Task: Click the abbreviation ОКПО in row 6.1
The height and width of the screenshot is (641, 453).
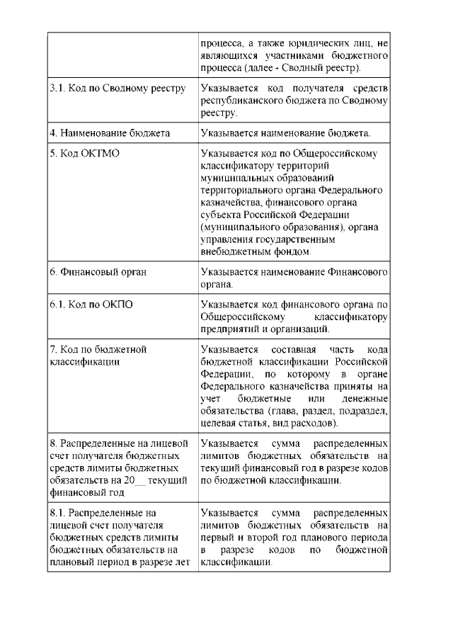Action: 115,305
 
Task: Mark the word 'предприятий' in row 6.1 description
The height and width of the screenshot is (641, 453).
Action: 230,329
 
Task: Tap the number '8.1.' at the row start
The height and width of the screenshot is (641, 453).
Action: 58,513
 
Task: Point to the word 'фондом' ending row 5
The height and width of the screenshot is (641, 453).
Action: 292,251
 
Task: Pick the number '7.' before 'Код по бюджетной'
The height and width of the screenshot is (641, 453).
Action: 53,349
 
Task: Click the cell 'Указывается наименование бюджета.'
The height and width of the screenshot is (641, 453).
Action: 296,132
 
